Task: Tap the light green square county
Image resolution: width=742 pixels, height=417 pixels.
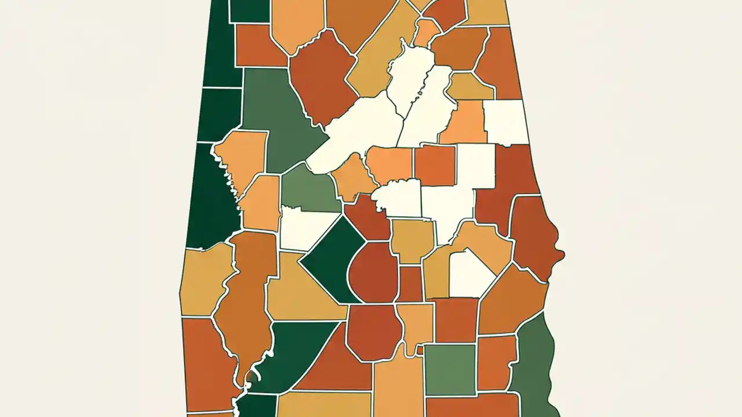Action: pyautogui.click(x=450, y=369)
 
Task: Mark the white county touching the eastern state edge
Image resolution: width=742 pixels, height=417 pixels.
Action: pyautogui.click(x=506, y=122)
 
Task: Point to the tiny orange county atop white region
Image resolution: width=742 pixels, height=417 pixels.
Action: pyautogui.click(x=426, y=32)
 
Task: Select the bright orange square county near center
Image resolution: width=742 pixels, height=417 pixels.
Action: pyautogui.click(x=435, y=165)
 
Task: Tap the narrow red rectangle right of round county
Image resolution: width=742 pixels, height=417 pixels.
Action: pyautogui.click(x=410, y=284)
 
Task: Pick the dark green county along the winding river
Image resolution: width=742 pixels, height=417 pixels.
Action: pyautogui.click(x=296, y=353)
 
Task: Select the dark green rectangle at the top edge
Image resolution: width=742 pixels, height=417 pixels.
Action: pyautogui.click(x=249, y=10)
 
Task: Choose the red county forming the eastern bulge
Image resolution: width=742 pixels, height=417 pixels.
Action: pyautogui.click(x=536, y=237)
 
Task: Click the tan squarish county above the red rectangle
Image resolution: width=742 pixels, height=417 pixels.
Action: pyautogui.click(x=412, y=240)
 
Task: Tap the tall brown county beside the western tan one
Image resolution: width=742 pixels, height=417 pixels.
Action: pyautogui.click(x=246, y=301)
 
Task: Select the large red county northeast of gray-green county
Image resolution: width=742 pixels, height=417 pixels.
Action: pyautogui.click(x=322, y=78)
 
